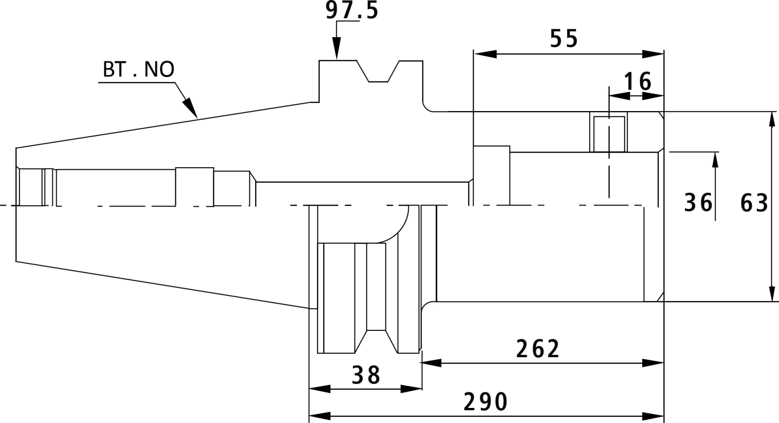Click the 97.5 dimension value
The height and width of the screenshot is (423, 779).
[352, 10]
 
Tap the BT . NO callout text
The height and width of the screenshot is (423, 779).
[138, 69]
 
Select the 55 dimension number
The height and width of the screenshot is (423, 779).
[564, 38]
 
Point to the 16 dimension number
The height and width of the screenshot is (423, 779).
[637, 81]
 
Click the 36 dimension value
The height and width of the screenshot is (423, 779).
[698, 203]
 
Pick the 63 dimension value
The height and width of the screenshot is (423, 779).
[754, 203]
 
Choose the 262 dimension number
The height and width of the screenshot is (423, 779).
[538, 349]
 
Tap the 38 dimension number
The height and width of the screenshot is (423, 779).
[366, 375]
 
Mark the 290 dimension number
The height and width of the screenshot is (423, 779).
[485, 402]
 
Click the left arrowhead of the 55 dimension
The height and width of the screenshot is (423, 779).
[485, 54]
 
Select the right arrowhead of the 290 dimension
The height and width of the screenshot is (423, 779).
[653, 416]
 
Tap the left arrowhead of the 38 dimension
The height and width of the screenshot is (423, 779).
[320, 389]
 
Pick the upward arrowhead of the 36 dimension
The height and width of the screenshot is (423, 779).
[715, 163]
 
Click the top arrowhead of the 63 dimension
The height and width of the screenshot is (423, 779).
[772, 122]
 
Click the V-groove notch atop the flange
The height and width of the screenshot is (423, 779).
[378, 71]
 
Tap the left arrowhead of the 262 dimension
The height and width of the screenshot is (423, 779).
[431, 363]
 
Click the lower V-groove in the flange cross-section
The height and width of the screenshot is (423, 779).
[376, 341]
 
